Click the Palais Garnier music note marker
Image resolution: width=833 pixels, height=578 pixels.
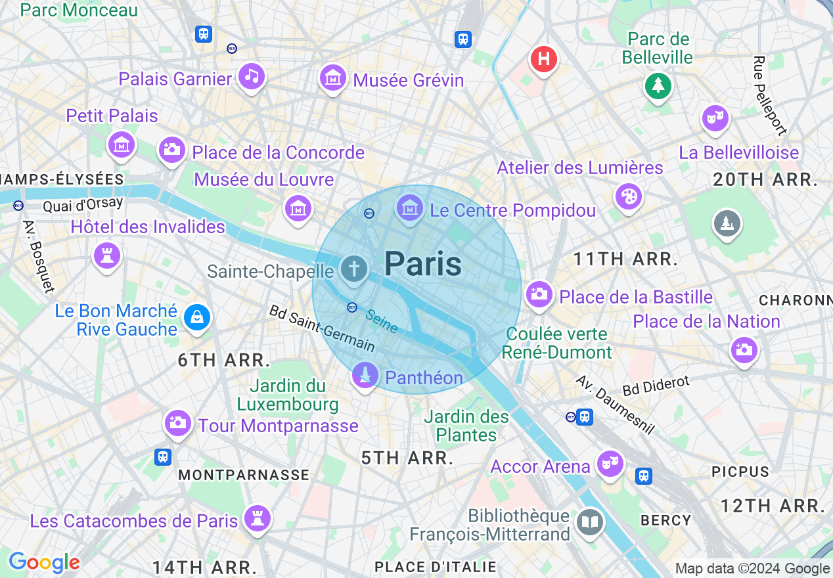[x=251, y=76]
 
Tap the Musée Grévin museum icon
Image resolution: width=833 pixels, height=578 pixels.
[x=332, y=78]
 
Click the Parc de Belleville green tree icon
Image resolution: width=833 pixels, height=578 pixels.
[x=658, y=85]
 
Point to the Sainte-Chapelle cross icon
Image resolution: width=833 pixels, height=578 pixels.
[x=354, y=269]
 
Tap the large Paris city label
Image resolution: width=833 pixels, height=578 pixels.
[x=423, y=264]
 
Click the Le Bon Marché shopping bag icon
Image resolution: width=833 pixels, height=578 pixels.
[x=196, y=318]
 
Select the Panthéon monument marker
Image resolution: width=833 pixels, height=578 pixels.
[x=365, y=375]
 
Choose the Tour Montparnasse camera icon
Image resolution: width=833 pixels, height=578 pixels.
[x=178, y=422]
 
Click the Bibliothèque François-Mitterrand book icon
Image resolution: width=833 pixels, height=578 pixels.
[x=590, y=523]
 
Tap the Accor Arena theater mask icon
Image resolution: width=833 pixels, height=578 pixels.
[x=610, y=464]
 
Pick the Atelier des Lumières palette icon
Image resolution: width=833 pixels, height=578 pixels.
[x=628, y=196]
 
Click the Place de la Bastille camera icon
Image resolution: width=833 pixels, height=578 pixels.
[x=539, y=294]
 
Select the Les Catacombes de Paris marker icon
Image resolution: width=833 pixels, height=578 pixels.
[x=257, y=518]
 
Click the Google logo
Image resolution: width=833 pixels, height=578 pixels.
[x=44, y=562]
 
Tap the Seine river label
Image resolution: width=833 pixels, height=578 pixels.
[x=382, y=321]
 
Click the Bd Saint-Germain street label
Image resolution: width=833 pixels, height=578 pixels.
[x=322, y=328]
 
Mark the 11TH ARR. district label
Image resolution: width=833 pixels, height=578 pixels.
[x=625, y=259]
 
